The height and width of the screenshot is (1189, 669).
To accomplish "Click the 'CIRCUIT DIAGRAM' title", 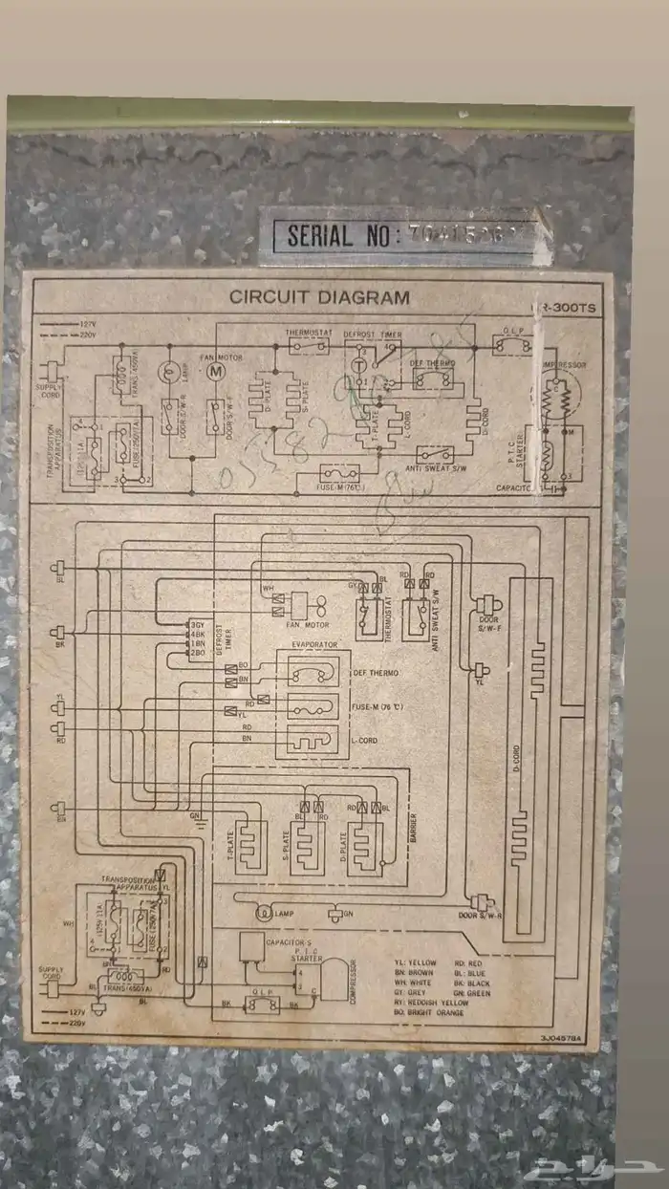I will point(319,297).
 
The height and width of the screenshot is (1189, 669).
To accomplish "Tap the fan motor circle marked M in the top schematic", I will point(215,369).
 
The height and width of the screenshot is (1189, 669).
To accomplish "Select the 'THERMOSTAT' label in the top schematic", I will point(308,334).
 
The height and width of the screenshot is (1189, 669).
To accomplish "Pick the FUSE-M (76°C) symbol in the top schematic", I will point(338,471).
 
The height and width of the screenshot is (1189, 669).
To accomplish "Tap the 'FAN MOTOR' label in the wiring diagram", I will point(300,625).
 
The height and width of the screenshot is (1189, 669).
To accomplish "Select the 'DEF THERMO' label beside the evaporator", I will point(377,673).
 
